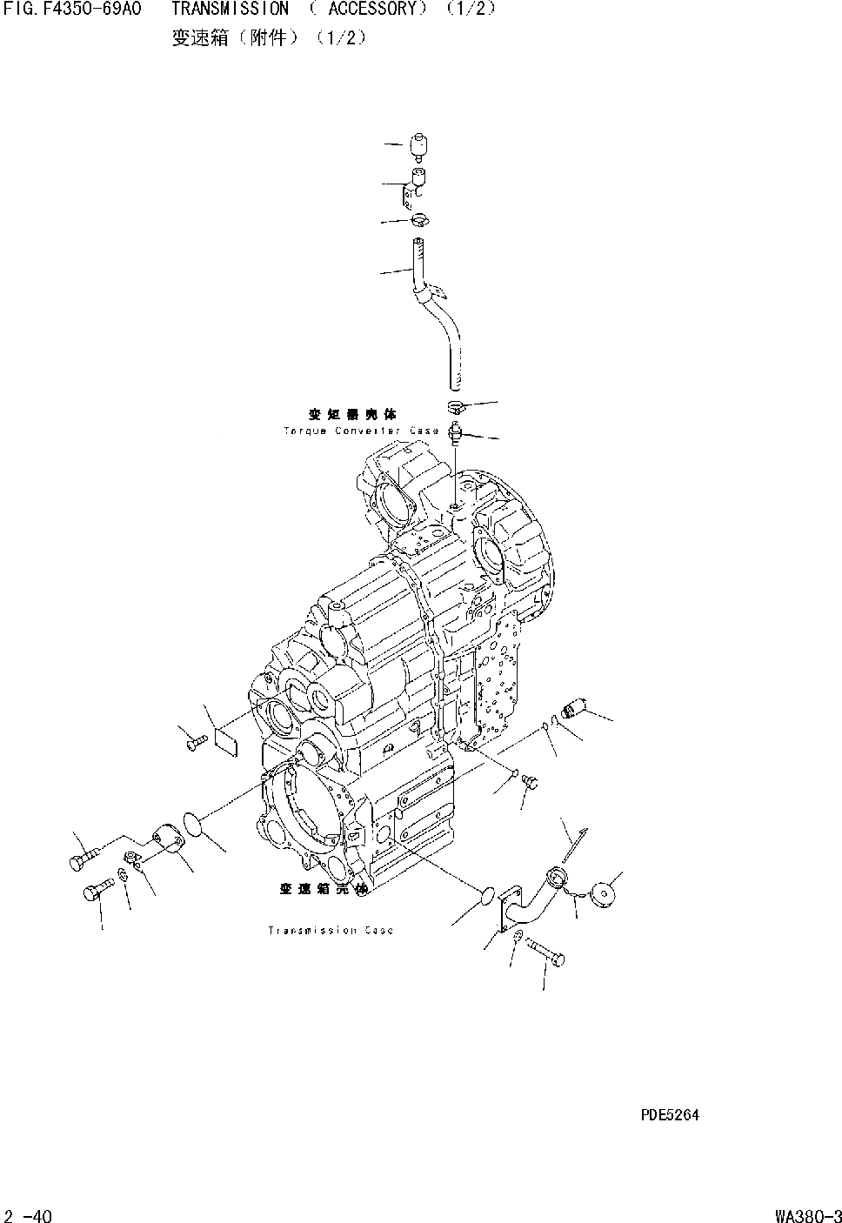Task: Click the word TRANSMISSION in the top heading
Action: (x=230, y=10)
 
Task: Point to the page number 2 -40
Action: (x=28, y=1215)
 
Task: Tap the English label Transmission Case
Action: (x=331, y=931)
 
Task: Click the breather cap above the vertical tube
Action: (x=420, y=146)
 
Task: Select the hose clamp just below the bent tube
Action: (x=458, y=406)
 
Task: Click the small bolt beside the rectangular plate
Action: (x=196, y=742)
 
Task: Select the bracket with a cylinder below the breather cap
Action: (x=415, y=186)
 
